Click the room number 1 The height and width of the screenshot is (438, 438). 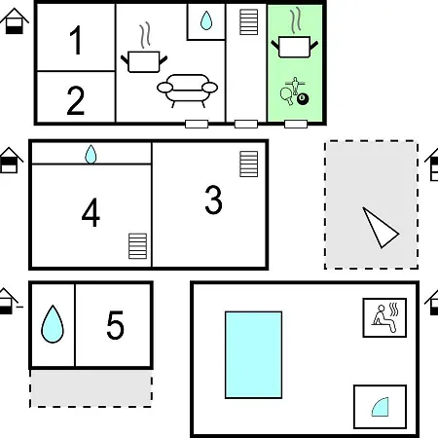pyautogui.click(x=76, y=40)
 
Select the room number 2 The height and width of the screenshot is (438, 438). pyautogui.click(x=76, y=101)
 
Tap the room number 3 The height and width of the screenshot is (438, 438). pyautogui.click(x=213, y=200)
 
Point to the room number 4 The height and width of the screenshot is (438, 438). pyautogui.click(x=91, y=213)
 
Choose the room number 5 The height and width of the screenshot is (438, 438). pyautogui.click(x=115, y=325)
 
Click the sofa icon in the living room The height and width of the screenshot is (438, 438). pyautogui.click(x=187, y=90)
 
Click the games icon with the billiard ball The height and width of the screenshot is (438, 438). pyautogui.click(x=294, y=91)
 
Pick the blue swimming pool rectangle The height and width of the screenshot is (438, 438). pyautogui.click(x=253, y=354)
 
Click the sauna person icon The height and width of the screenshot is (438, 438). pyautogui.click(x=384, y=318)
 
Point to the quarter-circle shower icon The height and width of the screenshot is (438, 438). pyautogui.click(x=381, y=407)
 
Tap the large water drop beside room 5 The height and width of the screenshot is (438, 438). pyautogui.click(x=53, y=324)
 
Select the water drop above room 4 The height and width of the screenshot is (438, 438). pyautogui.click(x=91, y=155)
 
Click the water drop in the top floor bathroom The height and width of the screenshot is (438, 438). pyautogui.click(x=206, y=20)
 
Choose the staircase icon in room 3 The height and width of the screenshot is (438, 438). pyautogui.click(x=249, y=164)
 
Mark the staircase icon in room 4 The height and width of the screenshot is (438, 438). pyautogui.click(x=138, y=246)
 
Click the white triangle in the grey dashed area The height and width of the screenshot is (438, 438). pyautogui.click(x=381, y=228)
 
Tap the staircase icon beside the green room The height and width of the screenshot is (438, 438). pyautogui.click(x=249, y=22)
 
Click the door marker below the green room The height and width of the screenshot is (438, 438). pyautogui.click(x=296, y=124)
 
